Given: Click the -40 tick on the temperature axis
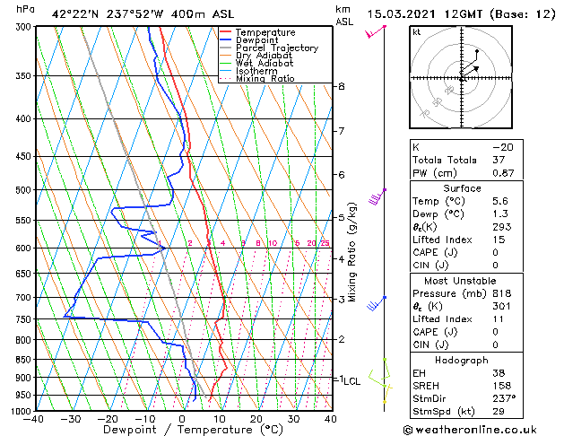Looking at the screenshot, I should tap(35, 419).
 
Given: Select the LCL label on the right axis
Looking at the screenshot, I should tap(352, 380).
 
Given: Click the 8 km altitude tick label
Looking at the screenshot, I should tap(342, 86).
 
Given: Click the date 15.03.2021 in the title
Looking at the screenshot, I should tap(402, 13).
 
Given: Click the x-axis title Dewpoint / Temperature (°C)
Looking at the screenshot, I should tap(182, 430).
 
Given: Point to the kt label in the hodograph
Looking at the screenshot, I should tap(416, 32).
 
